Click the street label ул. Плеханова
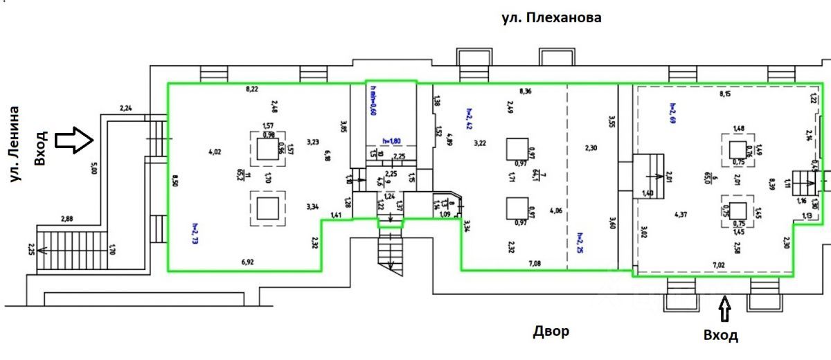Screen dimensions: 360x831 551,18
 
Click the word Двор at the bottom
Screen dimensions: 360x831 551,332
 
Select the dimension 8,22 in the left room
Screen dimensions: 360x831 253,89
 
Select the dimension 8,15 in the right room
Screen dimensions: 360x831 726,93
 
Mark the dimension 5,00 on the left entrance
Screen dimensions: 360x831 93,168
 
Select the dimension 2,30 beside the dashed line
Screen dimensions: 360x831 590,148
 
